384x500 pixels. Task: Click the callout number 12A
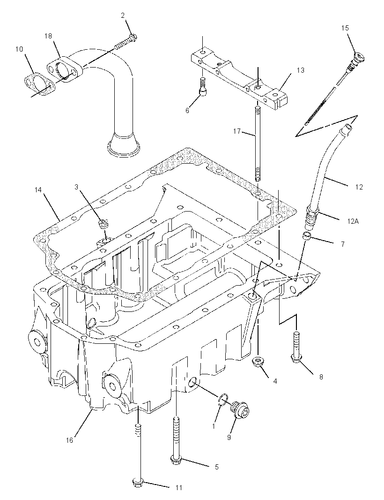(x=353, y=220)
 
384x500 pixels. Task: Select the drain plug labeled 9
(x=240, y=409)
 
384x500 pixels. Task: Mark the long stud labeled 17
(x=257, y=144)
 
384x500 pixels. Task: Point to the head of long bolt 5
(x=176, y=460)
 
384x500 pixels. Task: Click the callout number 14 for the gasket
(x=38, y=190)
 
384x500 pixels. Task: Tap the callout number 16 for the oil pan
(x=69, y=440)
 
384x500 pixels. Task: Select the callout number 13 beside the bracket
(x=301, y=70)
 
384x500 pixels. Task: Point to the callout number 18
(x=48, y=36)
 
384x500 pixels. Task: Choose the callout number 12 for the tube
(x=359, y=187)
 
